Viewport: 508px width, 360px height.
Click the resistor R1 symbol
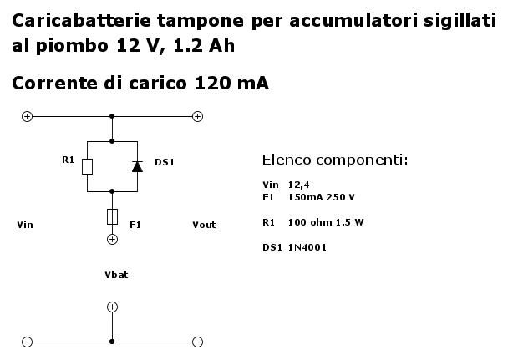click(x=87, y=167)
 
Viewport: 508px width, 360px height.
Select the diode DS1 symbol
click(x=137, y=166)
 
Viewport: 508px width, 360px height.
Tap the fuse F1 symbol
click(x=112, y=216)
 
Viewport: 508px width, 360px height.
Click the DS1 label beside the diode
click(x=165, y=162)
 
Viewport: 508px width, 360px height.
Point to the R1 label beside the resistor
click(x=68, y=160)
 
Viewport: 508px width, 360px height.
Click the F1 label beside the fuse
click(x=135, y=225)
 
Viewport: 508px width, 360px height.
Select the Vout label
click(x=204, y=225)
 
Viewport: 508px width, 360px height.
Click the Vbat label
click(x=116, y=275)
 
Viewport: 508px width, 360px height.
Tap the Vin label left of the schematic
click(x=25, y=225)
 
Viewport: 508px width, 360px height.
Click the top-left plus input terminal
click(x=27, y=117)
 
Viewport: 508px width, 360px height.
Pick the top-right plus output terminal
click(x=198, y=117)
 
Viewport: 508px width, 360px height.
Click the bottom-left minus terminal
click(x=27, y=342)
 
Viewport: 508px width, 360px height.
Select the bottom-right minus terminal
click(x=198, y=342)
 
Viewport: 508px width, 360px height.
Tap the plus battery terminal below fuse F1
click(x=112, y=239)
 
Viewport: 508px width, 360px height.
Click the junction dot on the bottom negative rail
click(x=112, y=342)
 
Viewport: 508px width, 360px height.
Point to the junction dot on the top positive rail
click(x=112, y=116)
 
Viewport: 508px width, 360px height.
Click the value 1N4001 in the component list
click(x=307, y=247)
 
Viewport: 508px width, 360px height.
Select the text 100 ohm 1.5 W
click(x=326, y=222)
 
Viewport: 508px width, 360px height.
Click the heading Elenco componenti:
click(x=335, y=160)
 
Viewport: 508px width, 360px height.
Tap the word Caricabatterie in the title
click(x=81, y=20)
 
